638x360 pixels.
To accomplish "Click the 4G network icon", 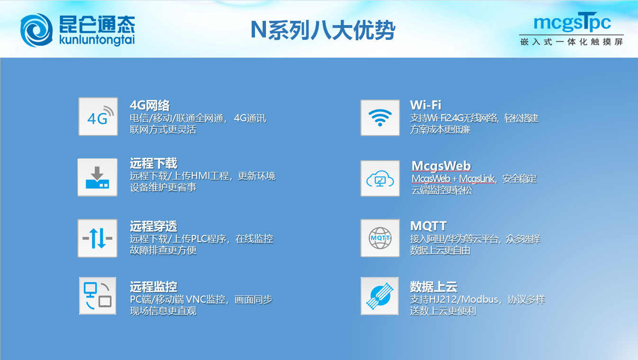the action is (x=98, y=117).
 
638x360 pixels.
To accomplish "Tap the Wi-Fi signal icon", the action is (x=380, y=117).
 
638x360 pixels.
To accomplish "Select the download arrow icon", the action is (x=98, y=177).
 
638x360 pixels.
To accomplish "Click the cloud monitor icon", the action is (x=380, y=178).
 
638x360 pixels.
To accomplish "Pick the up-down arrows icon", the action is (x=98, y=238).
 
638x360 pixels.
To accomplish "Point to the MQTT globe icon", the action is (x=380, y=238).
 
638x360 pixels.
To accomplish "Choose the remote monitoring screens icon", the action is (x=98, y=296).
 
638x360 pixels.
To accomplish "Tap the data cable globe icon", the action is (x=380, y=296).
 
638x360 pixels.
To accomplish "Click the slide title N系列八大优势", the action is (x=323, y=30).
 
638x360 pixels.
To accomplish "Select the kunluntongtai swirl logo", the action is (x=36, y=30).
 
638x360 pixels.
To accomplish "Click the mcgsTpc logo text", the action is (x=572, y=22).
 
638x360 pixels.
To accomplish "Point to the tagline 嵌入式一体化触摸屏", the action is (x=572, y=42).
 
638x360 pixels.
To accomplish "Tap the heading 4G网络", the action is (x=150, y=106).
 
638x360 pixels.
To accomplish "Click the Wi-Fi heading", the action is (x=426, y=105).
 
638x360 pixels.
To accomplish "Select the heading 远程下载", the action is (x=154, y=163).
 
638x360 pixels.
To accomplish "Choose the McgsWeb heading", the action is (x=441, y=166).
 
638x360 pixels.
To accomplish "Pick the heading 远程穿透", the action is (x=154, y=226).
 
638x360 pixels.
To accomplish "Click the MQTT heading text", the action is (x=428, y=226).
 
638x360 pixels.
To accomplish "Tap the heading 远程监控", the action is (x=154, y=287).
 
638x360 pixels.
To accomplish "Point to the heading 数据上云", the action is (x=434, y=287).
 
